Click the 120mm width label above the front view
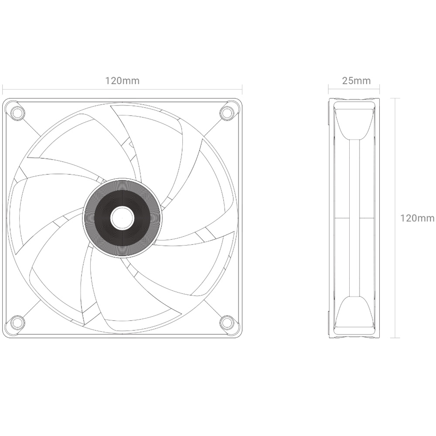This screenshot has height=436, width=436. (x=122, y=81)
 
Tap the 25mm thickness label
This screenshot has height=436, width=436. (x=356, y=81)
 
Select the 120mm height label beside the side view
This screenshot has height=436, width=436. (x=417, y=218)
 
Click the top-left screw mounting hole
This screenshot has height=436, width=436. (x=17, y=113)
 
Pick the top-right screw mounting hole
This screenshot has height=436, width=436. (x=227, y=113)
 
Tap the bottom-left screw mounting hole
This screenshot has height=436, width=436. (x=17, y=323)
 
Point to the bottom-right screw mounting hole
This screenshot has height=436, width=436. (x=227, y=323)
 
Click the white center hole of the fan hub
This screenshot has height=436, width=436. (x=122, y=218)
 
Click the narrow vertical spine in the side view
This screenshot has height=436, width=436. (x=354, y=218)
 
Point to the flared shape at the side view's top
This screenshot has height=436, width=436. (x=354, y=122)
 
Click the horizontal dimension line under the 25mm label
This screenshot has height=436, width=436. (x=354, y=89)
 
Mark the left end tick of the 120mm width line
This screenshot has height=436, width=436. (x=3, y=90)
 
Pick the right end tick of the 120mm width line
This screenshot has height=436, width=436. (x=242, y=90)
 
